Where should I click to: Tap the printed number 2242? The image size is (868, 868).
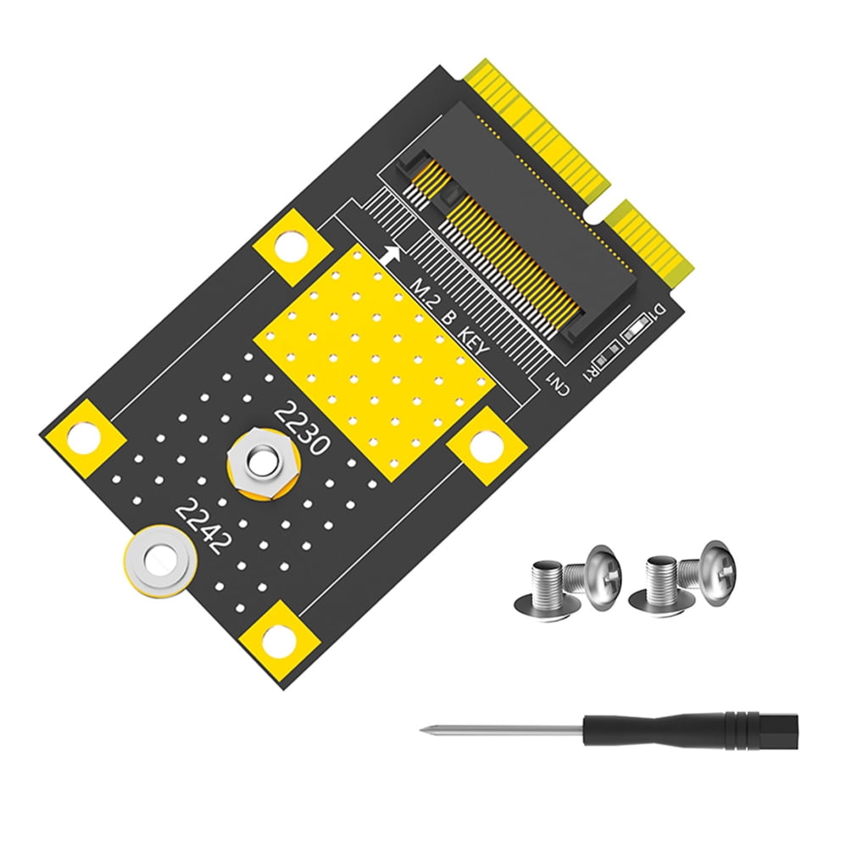click(201, 526)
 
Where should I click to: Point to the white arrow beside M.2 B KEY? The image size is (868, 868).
click(391, 254)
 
